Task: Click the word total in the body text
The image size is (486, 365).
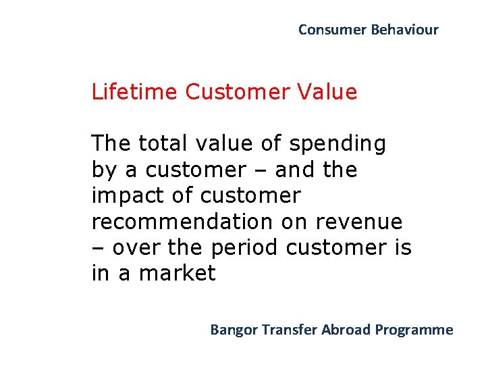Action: (x=164, y=143)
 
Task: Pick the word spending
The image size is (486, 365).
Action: (x=337, y=145)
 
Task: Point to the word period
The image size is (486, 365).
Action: (x=244, y=247)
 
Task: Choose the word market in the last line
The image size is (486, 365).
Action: (x=177, y=273)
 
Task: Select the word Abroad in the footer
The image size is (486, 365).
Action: (x=346, y=330)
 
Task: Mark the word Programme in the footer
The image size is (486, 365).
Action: (x=414, y=330)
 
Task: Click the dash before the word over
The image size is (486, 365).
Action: (x=98, y=248)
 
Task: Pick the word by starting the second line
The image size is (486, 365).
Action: (x=103, y=170)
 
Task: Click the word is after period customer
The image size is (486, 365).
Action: (x=401, y=247)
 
